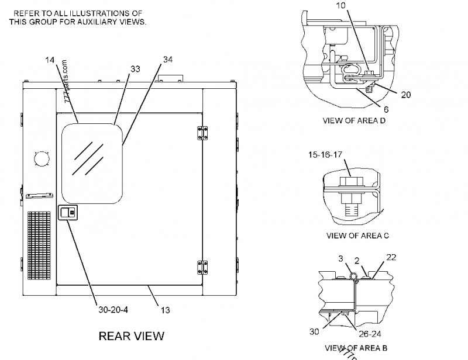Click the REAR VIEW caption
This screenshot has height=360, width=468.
tap(131, 336)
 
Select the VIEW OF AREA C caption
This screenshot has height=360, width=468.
tap(357, 236)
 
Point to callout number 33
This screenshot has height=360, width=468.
tap(135, 69)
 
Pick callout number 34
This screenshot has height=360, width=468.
tap(168, 60)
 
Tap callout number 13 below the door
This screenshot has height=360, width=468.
tap(166, 310)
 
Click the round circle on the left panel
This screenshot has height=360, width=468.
tap(42, 158)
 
